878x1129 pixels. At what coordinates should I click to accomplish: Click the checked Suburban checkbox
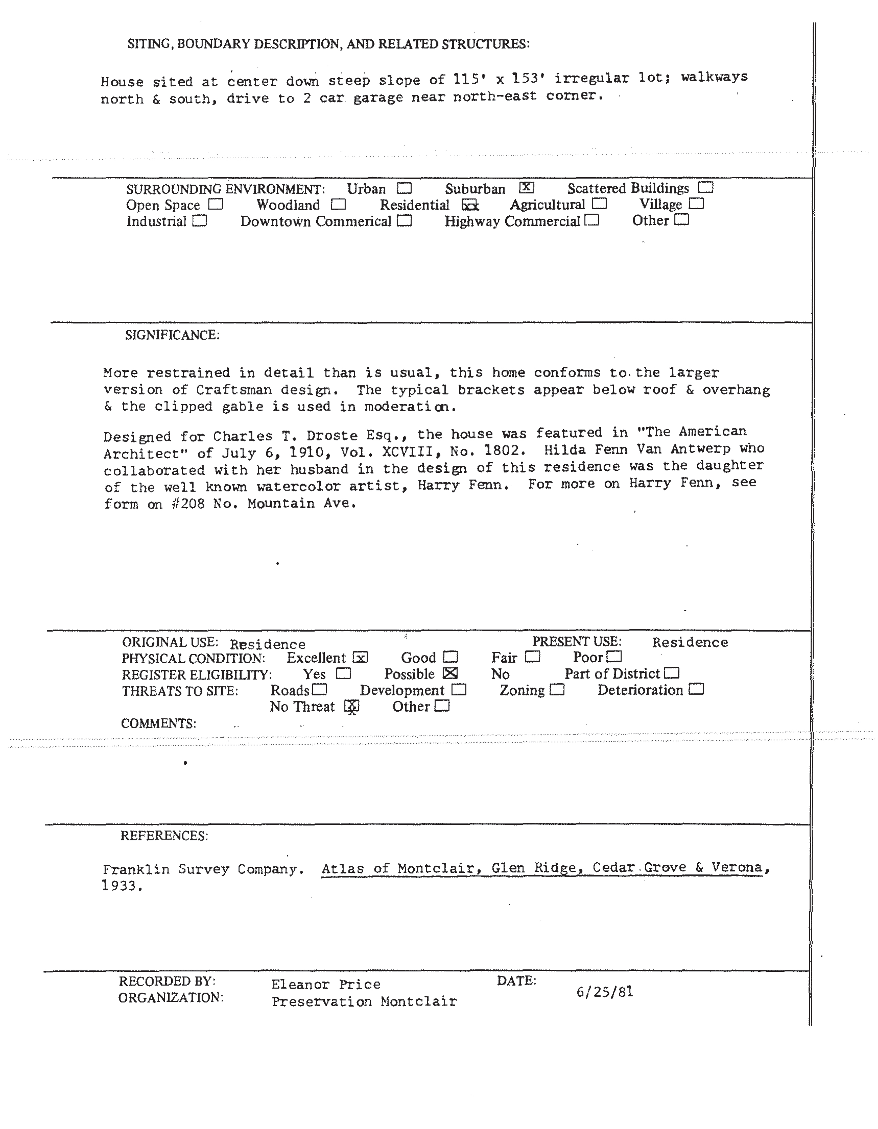click(x=526, y=188)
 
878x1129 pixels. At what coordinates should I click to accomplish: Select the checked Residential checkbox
click(x=470, y=205)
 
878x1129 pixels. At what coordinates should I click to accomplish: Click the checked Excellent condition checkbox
click(x=360, y=658)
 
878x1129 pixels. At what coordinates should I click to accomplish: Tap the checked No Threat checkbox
click(x=352, y=706)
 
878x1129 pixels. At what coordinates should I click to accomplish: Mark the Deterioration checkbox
click(x=697, y=690)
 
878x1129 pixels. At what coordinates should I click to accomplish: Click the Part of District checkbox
click(x=672, y=673)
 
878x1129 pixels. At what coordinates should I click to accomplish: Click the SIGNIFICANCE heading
click(x=172, y=335)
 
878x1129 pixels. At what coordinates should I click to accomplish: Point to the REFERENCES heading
click(x=164, y=836)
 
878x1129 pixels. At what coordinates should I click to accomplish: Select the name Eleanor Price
click(x=325, y=984)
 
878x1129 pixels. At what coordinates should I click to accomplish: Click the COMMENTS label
click(x=158, y=723)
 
